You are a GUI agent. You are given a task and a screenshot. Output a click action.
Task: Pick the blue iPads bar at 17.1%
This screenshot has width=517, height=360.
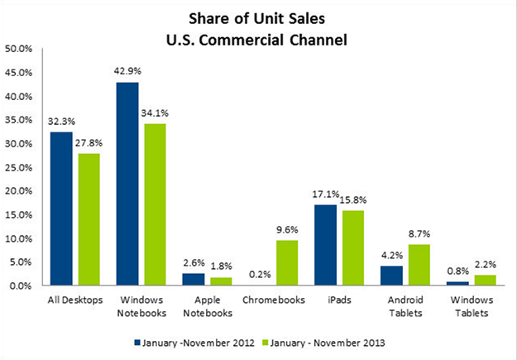[325, 245]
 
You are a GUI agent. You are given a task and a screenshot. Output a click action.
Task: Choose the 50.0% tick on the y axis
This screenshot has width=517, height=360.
[19, 49]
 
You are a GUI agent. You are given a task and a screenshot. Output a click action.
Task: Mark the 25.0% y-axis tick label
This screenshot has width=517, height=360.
[19, 167]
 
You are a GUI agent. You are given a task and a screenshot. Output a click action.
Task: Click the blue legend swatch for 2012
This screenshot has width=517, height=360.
[135, 340]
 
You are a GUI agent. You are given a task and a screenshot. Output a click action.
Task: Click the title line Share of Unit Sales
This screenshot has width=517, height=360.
[259, 17]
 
